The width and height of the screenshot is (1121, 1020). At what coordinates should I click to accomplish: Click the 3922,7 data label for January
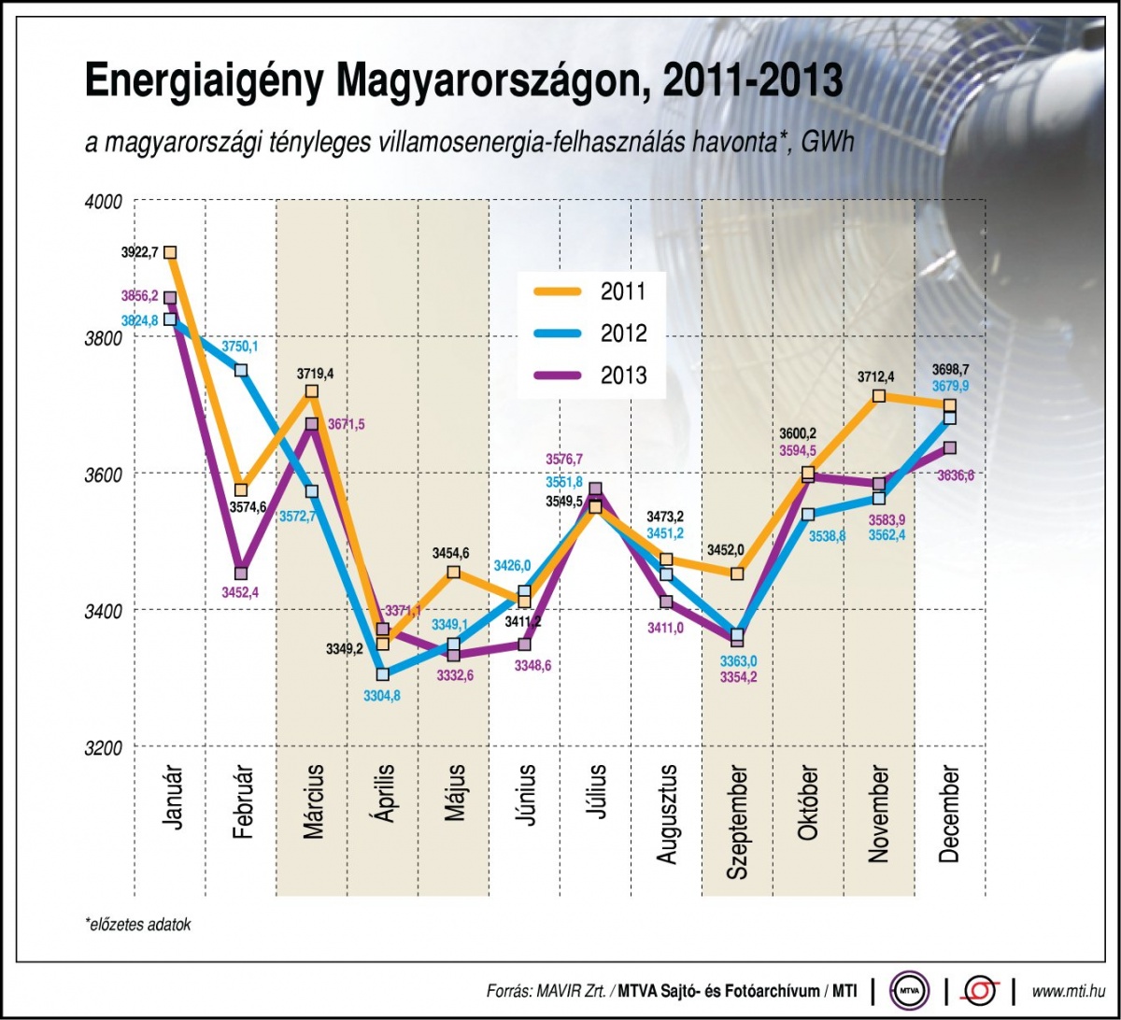[140, 252]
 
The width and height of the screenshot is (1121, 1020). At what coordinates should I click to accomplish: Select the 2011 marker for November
[879, 396]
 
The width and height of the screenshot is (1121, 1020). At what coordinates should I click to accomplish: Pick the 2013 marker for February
[241, 573]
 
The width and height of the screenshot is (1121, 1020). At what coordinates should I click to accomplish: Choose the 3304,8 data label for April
[382, 694]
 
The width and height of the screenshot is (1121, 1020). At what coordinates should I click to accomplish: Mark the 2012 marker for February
[241, 370]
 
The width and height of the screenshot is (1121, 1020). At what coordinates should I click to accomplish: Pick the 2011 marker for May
[453, 573]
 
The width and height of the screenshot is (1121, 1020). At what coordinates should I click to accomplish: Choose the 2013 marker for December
[950, 448]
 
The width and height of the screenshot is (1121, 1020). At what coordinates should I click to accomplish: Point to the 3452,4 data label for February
[241, 591]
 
